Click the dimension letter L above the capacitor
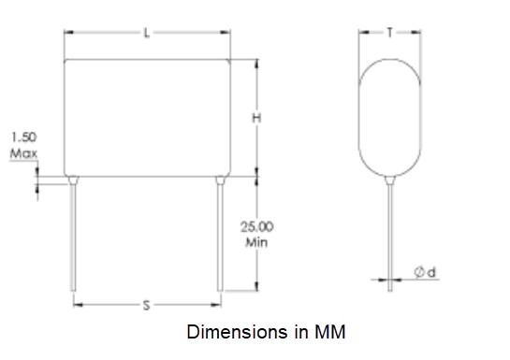pos(146,34)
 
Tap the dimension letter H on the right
pos(255,118)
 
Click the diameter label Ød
pos(426,272)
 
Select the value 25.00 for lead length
pos(259,227)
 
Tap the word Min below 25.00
pos(258,241)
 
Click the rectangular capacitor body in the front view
pos(146,117)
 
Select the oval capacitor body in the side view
pos(388,117)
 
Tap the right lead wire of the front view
pos(219,238)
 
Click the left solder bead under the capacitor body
pos(74,179)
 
